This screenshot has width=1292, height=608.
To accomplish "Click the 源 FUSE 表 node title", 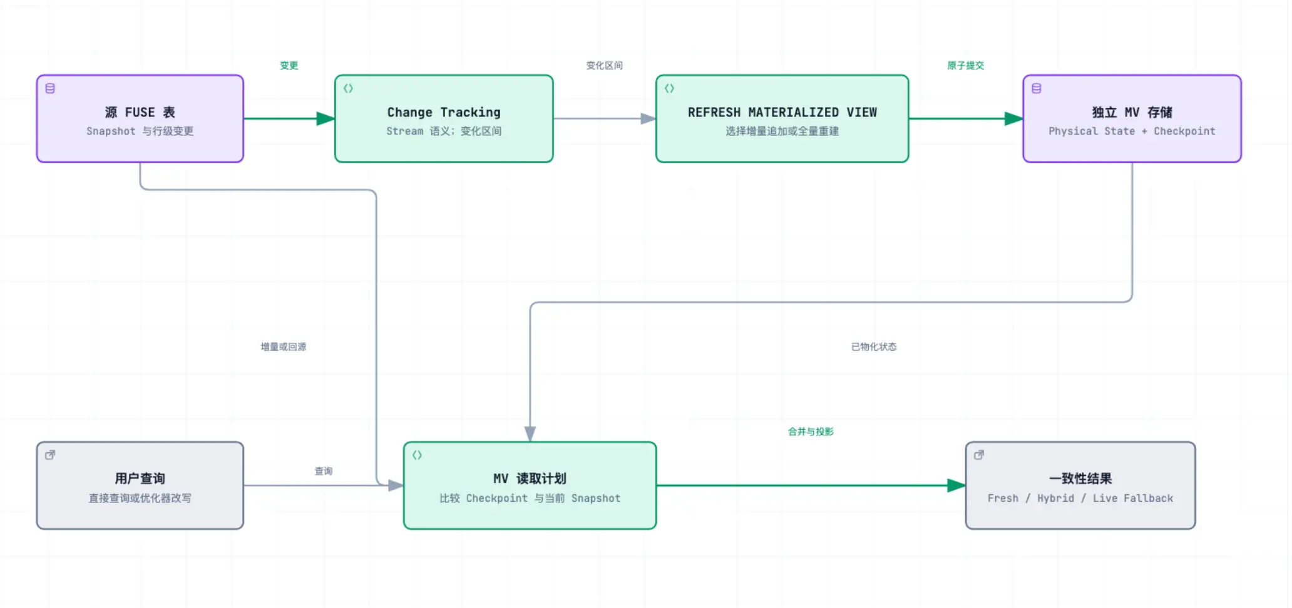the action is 140,112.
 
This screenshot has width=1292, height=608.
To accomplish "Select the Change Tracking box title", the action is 444,112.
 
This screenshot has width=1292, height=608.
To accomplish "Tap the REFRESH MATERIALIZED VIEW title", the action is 782,112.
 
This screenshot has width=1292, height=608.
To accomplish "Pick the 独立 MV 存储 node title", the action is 1132,112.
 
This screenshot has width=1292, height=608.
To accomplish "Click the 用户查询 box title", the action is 140,479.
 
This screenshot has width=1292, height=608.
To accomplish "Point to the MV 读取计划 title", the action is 530,479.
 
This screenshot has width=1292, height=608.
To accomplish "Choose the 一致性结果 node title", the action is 1081,479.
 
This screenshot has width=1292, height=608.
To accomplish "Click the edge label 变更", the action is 289,65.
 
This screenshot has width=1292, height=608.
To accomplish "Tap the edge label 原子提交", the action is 966,65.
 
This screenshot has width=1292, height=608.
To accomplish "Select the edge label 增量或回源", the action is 284,347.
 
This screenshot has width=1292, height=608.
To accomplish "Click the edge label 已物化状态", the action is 874,347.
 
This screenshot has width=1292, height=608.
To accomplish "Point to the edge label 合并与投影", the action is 811,432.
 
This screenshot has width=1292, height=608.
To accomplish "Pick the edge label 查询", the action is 324,471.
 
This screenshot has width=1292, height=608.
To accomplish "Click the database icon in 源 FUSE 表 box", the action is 50,88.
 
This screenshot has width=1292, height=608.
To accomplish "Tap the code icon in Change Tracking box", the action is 348,88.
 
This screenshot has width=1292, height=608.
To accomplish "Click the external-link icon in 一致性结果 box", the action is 979,455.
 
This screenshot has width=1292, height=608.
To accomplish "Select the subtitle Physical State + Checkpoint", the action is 1132,131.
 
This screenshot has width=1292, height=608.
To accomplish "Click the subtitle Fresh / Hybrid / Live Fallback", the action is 1081,498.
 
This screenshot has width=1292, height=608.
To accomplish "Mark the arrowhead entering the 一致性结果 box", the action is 956,485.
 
